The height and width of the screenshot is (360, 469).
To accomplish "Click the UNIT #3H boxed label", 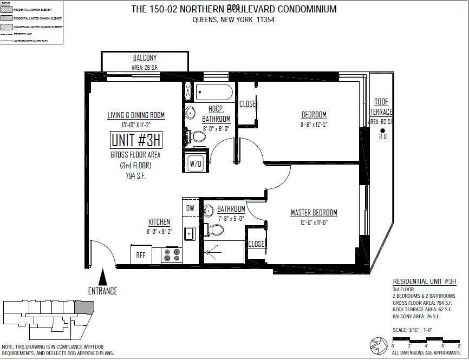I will point(136,140).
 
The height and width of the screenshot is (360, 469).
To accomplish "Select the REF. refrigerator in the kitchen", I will point(141,255).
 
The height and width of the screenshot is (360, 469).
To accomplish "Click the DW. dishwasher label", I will point(191,208).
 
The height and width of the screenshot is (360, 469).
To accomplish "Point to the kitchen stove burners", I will point(173,255).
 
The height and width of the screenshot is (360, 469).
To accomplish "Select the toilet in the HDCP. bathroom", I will point(198,136).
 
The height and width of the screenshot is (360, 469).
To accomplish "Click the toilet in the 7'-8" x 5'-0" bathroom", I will point(216,230).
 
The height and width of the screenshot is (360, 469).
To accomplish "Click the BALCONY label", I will point(145,58).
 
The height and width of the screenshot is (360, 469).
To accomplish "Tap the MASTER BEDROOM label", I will point(314,213).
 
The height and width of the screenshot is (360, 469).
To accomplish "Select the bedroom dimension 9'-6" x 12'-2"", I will point(314,123).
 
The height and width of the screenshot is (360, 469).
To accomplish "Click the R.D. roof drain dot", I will point(382,130).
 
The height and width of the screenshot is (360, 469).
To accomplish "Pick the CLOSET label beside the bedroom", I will point(249,104).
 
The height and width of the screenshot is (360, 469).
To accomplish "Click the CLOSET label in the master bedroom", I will point(256,244).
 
